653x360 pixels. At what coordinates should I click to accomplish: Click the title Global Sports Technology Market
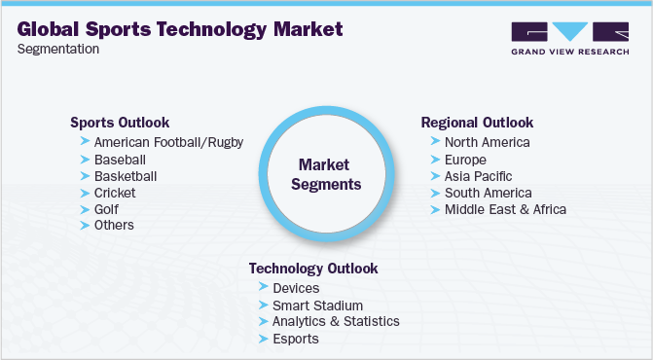point(180,29)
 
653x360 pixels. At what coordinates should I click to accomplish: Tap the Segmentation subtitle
point(58,50)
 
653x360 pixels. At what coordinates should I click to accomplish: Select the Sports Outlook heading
point(120,123)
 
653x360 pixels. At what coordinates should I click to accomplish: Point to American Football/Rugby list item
point(168,142)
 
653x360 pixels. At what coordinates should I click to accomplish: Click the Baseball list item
point(120,159)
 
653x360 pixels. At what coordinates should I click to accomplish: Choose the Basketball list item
point(126,176)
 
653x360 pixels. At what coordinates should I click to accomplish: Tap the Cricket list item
point(115,193)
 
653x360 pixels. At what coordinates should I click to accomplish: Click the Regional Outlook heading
point(477,123)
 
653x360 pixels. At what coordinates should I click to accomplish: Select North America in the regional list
point(487,142)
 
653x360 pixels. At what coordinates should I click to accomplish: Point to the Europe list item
point(465,159)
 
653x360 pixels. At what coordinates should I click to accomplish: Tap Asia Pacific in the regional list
point(479,176)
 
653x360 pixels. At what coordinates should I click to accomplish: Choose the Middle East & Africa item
point(505,209)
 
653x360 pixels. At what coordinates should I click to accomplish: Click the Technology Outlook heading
point(313,269)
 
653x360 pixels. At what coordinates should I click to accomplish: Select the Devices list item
point(296,288)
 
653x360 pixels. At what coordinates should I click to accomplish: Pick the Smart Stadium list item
point(316,305)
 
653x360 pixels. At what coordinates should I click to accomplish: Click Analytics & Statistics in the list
point(336,321)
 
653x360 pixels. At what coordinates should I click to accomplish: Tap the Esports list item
point(296,339)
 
